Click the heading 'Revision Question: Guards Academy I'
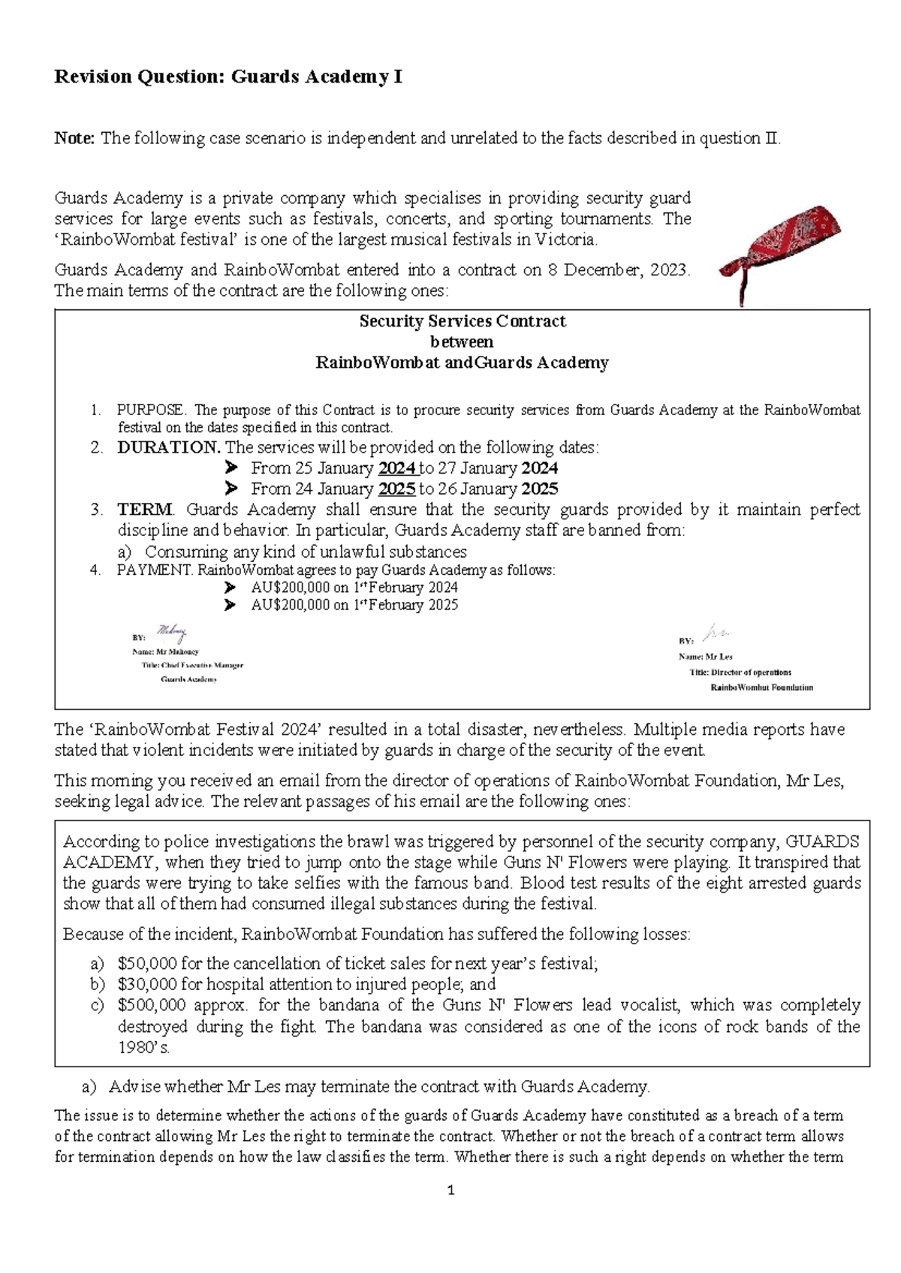228,77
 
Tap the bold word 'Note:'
75,138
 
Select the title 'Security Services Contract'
462,321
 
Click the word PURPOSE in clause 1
150,410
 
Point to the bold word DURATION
168,447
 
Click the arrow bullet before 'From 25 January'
231,468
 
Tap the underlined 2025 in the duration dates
397,489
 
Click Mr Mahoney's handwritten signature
171,633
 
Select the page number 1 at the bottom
450,1190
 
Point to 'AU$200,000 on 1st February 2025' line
354,605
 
